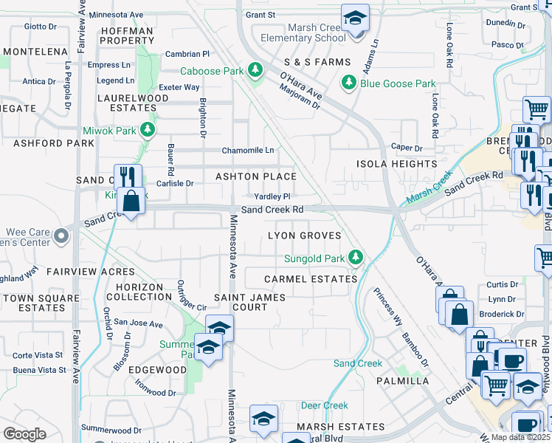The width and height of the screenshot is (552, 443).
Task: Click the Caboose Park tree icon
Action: point(255,70)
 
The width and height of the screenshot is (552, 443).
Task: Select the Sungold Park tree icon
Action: point(356,258)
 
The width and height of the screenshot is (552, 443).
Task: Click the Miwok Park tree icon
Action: point(148,131)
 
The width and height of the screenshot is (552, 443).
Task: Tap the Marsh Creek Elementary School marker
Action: point(355,18)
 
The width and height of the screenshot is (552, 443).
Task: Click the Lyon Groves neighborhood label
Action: point(304,236)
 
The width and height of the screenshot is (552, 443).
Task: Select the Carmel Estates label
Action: point(311,279)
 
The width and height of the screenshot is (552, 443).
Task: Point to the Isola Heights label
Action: point(396,164)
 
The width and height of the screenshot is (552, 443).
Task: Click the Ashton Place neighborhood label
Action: point(255,176)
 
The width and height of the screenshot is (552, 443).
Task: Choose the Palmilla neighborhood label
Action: point(402,381)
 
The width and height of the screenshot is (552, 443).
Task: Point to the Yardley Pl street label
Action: point(272,196)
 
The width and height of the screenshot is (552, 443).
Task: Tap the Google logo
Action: point(24,433)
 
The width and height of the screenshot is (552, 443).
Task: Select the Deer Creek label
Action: point(325,405)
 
